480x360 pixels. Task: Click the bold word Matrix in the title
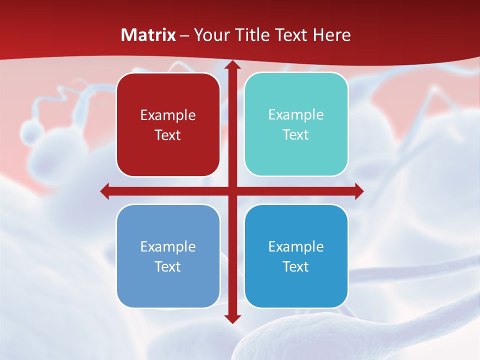click(148, 35)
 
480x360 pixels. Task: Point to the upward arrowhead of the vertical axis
click(232, 65)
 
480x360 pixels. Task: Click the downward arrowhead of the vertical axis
click(232, 318)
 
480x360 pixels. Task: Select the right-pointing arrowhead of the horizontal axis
click(359, 191)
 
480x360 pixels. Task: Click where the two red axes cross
click(232, 191)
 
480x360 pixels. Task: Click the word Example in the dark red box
click(168, 115)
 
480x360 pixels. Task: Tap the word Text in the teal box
click(296, 135)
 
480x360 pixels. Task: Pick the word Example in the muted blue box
click(168, 247)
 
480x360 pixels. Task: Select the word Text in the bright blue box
click(296, 267)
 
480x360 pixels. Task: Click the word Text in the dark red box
click(168, 135)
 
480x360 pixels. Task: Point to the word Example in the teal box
click(296, 115)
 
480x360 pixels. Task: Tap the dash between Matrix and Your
click(184, 35)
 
